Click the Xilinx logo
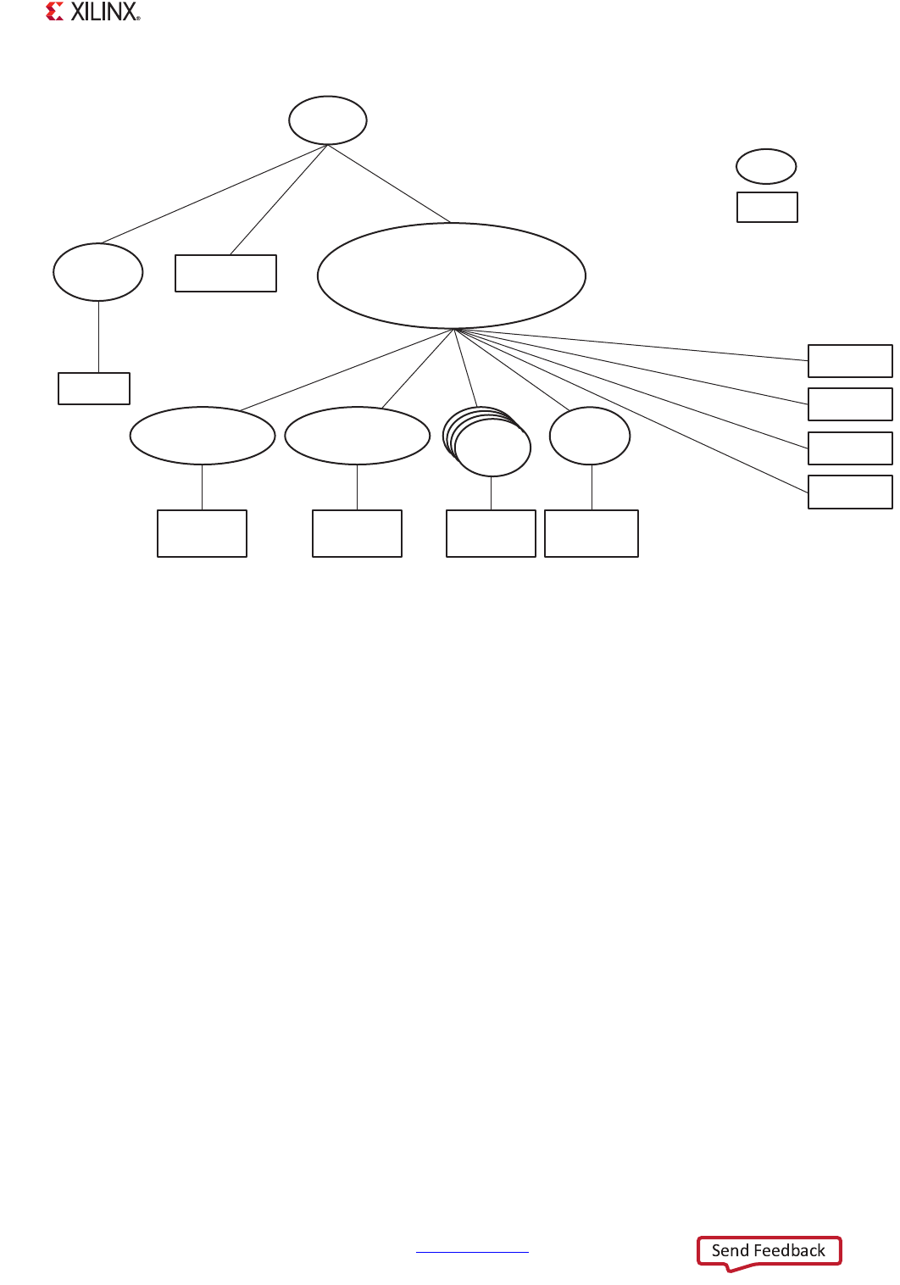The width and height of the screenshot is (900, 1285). pos(92,12)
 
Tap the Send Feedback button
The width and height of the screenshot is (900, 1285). pos(769,1251)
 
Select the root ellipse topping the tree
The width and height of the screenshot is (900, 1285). pos(328,120)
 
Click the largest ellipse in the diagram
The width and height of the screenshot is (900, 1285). pos(452,275)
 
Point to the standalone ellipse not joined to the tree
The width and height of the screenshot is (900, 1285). pos(766,166)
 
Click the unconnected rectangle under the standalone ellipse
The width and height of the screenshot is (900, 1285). pos(767,207)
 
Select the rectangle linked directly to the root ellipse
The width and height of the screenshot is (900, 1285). pos(225,273)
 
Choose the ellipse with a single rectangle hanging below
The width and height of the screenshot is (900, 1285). pos(98,272)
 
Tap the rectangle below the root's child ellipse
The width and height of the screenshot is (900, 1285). pos(94,388)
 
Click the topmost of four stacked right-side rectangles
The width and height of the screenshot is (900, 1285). pos(850,360)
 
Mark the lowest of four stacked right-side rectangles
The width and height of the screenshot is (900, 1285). pos(850,492)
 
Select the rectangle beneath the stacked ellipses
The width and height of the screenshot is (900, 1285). pos(491,533)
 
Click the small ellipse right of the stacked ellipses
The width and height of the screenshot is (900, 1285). pos(590,436)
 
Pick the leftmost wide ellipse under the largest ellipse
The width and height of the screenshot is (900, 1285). pos(203,436)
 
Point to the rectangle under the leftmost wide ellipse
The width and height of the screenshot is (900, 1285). pos(202,533)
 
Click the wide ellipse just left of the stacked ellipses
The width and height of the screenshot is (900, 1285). pos(358,436)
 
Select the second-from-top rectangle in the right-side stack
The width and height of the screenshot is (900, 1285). pos(850,404)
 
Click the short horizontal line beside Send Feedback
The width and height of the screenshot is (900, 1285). pos(472,1251)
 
